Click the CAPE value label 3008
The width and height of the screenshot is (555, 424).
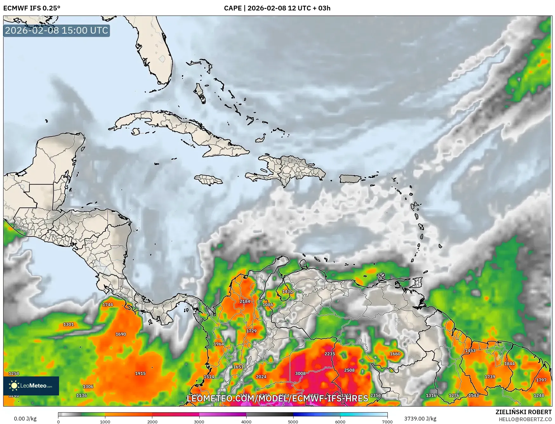point(300,373)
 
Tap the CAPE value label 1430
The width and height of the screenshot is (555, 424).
point(287,291)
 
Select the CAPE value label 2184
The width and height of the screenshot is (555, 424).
point(245,301)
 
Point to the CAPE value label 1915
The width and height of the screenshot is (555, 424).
point(140,373)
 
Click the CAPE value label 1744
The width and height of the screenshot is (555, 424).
point(108,304)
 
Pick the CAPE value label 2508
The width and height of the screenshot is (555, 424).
point(349,370)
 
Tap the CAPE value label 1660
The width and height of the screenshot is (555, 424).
point(395,354)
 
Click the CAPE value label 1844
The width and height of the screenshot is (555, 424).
point(509,363)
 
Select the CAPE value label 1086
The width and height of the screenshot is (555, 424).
point(268,304)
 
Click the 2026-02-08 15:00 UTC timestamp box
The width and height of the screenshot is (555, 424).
point(56,30)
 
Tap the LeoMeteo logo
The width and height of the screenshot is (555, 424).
point(31,386)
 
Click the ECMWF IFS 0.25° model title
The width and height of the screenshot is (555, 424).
point(32,8)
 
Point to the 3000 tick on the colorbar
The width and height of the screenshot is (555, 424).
point(199,421)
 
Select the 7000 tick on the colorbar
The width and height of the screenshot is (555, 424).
point(387,421)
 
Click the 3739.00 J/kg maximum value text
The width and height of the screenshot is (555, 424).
point(420,419)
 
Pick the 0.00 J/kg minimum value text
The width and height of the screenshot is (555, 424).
point(25,419)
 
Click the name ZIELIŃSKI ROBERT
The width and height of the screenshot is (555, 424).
point(523,412)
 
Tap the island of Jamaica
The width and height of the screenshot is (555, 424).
point(208,180)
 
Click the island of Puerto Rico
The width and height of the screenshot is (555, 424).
point(351,179)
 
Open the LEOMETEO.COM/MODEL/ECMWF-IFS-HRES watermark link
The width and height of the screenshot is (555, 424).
point(278,398)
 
